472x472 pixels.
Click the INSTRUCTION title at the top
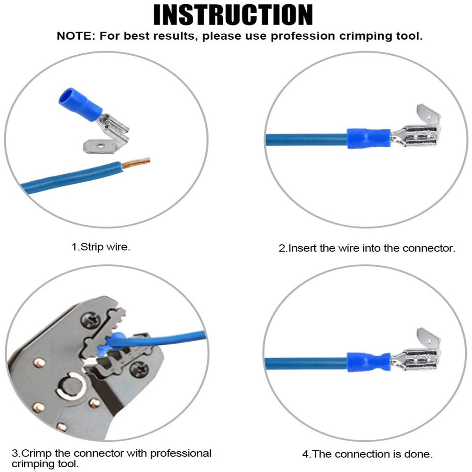(233, 15)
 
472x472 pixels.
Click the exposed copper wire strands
(136, 162)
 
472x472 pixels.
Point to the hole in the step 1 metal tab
(101, 146)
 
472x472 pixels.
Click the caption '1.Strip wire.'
(101, 247)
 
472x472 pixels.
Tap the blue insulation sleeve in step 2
(369, 139)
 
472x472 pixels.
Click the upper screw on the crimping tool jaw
(89, 319)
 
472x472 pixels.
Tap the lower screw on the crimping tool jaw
(139, 370)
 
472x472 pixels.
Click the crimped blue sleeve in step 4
(369, 362)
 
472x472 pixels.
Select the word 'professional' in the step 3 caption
(181, 453)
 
